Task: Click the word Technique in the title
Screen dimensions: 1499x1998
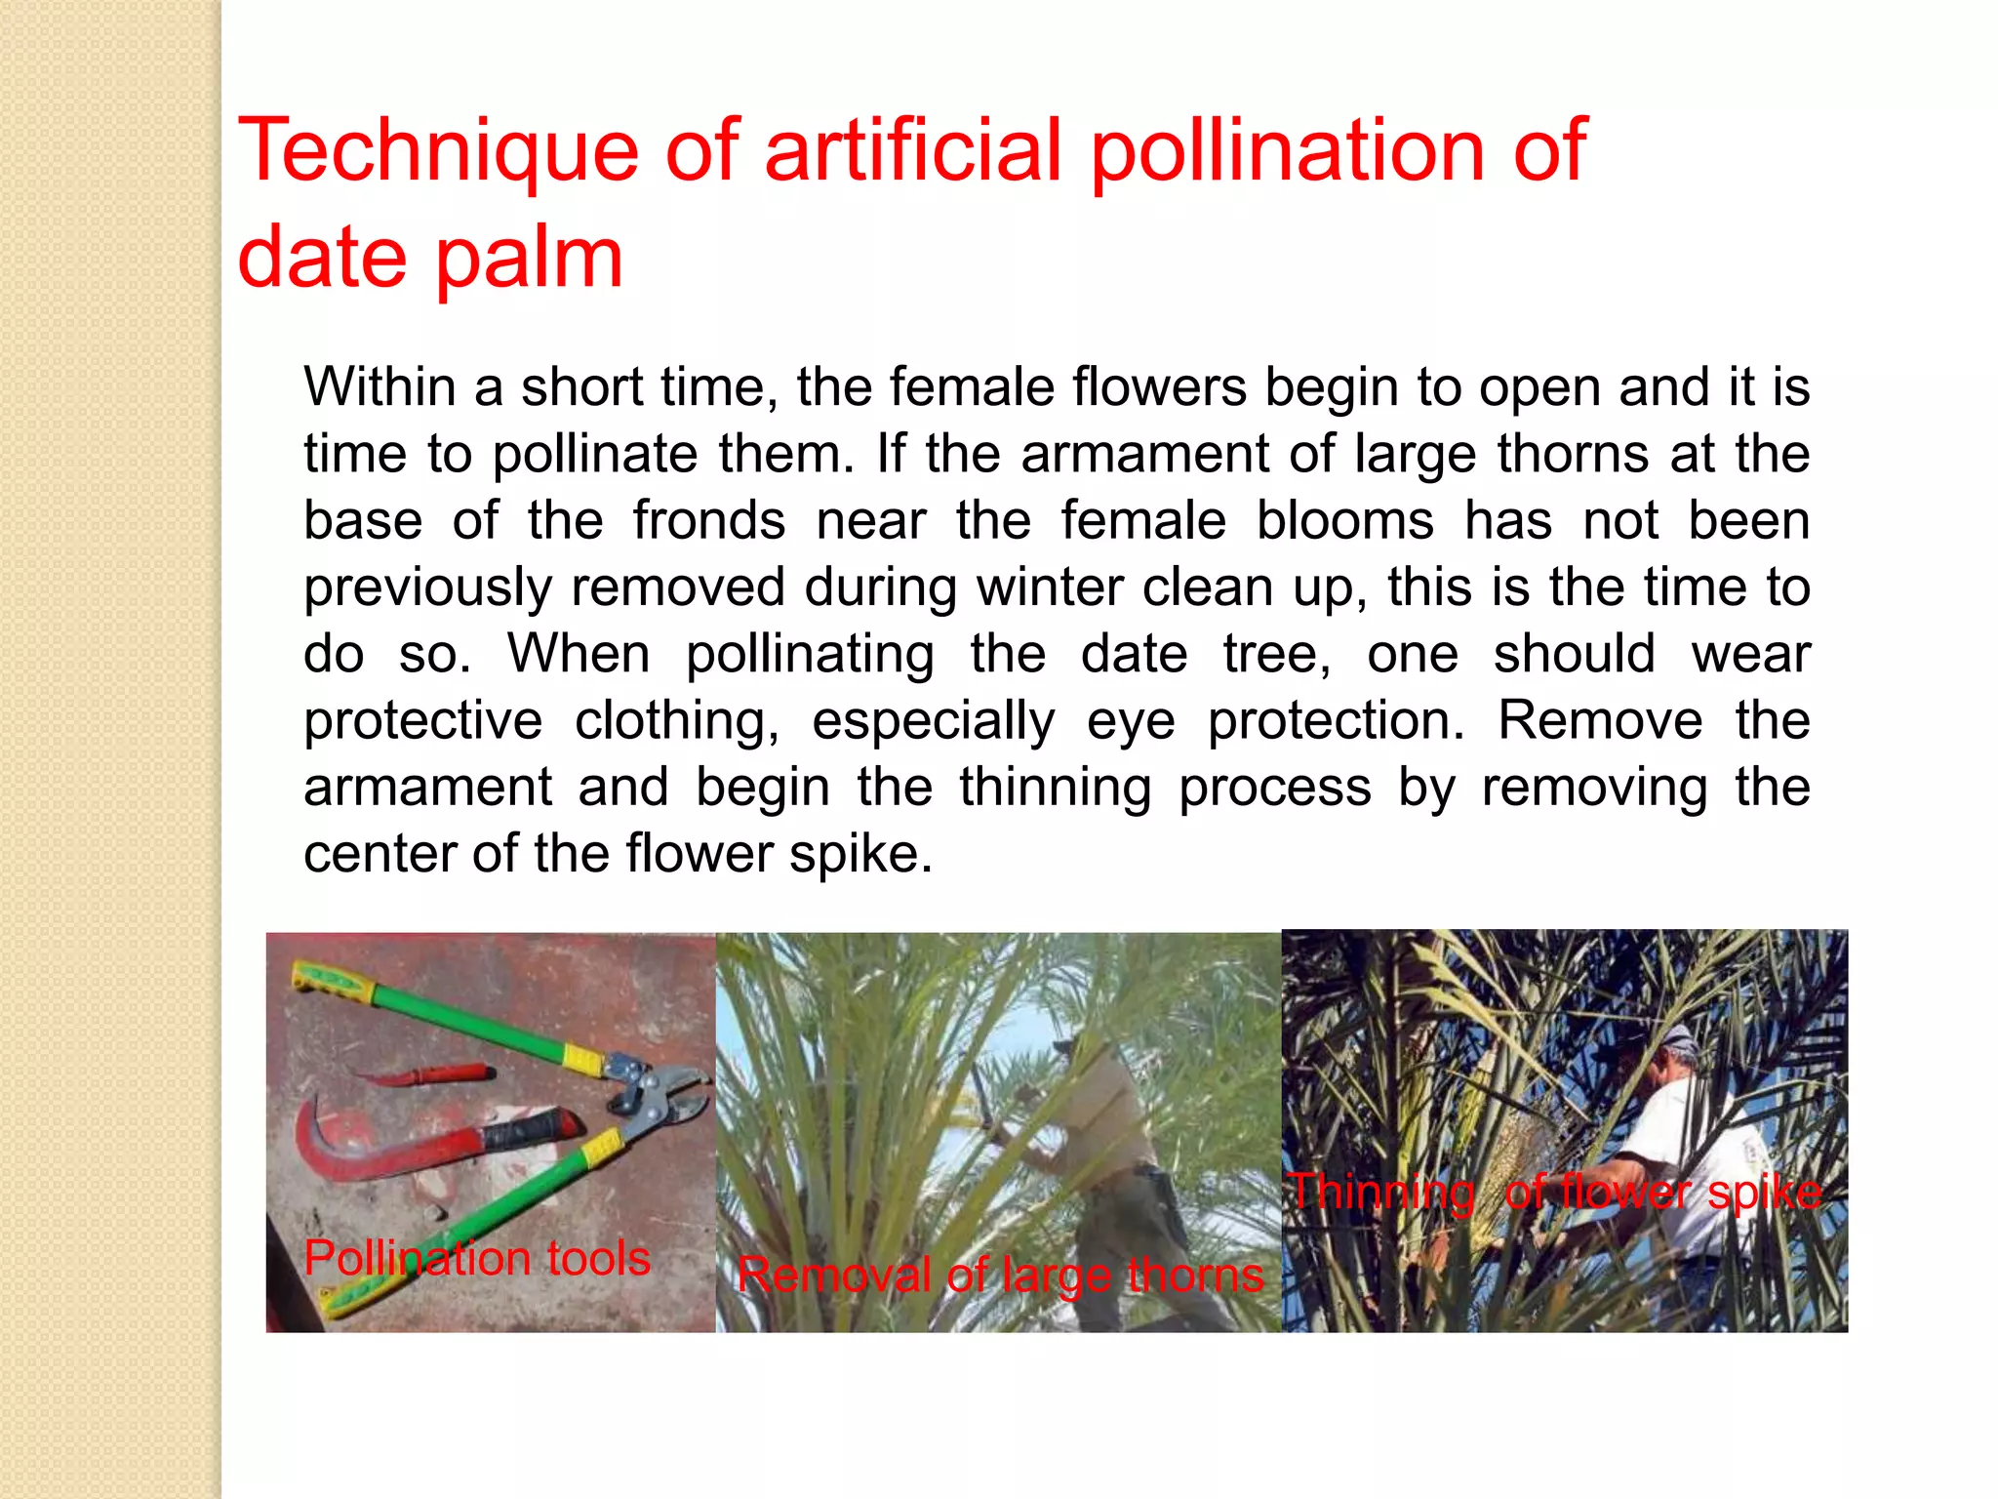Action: pos(438,151)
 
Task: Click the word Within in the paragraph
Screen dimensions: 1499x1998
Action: pos(380,387)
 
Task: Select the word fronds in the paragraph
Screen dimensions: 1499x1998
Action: pos(708,520)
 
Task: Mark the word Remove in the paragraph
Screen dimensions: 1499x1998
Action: pos(1600,720)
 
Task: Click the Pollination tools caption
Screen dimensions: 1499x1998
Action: pos(477,1258)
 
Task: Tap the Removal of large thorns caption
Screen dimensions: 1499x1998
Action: pos(1000,1275)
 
